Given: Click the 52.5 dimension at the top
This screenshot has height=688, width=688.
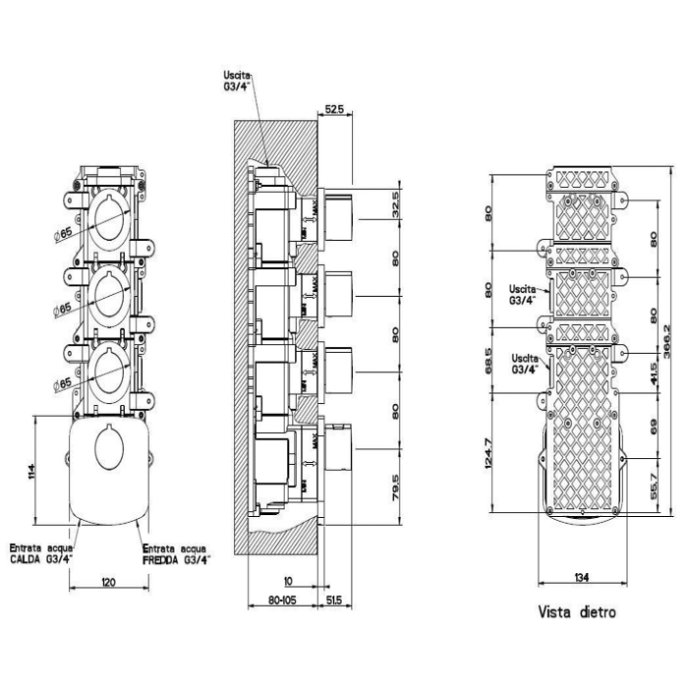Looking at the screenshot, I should (332, 110).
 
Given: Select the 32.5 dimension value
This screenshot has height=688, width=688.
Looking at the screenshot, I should (396, 204).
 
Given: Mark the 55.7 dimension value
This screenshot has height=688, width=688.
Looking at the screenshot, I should (655, 485).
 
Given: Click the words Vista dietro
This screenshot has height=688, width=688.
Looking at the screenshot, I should (577, 611).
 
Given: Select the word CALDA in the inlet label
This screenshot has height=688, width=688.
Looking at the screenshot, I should (29, 560).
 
